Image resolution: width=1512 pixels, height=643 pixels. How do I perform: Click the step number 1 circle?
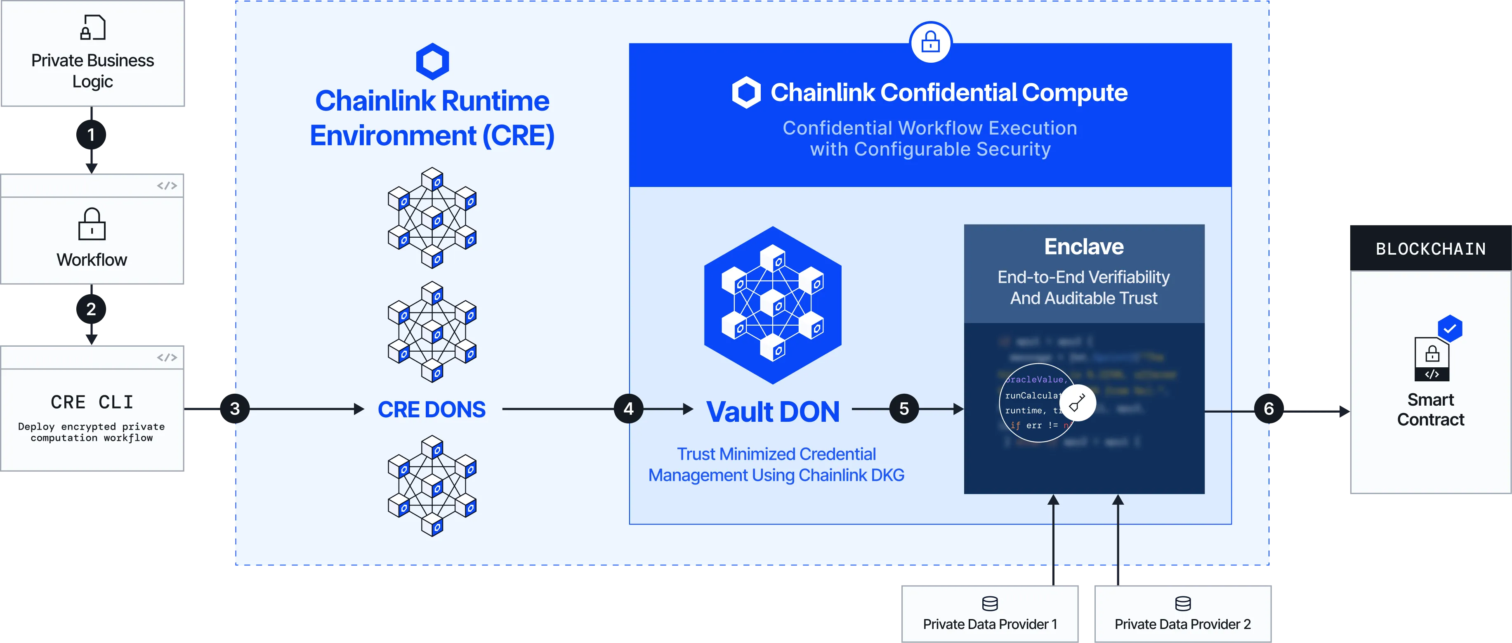click(x=91, y=135)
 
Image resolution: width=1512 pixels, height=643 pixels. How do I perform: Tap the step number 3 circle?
click(x=235, y=409)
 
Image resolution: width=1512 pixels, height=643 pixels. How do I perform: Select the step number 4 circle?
click(x=629, y=409)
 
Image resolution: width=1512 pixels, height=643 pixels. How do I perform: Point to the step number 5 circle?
click(x=904, y=409)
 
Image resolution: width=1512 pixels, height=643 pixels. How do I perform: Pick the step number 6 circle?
click(x=1269, y=409)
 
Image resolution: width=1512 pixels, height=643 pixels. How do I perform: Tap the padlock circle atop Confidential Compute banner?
click(x=930, y=42)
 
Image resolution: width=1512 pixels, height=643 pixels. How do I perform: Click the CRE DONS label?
click(x=432, y=409)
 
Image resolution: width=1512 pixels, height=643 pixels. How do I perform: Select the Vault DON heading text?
click(x=772, y=411)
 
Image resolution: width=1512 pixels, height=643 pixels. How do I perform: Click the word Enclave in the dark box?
click(x=1083, y=247)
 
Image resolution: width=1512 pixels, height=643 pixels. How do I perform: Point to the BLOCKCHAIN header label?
click(x=1430, y=249)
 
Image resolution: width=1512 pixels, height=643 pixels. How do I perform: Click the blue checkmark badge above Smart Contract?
click(x=1449, y=328)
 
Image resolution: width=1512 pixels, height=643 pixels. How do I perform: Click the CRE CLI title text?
click(x=92, y=402)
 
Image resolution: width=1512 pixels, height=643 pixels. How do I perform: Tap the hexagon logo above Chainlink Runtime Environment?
click(x=433, y=61)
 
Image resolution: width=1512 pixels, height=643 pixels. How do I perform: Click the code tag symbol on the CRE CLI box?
click(x=167, y=358)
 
